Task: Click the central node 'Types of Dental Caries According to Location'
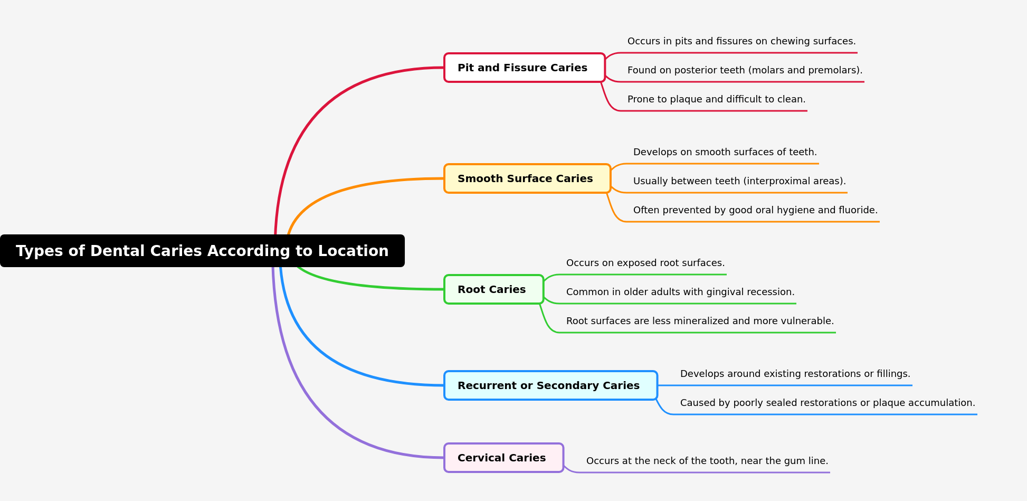pos(202,251)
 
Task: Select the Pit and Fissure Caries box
pos(524,68)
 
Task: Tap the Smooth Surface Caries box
pos(527,178)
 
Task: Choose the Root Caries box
pos(493,289)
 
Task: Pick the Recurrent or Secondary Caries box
pos(550,385)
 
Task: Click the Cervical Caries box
pos(503,458)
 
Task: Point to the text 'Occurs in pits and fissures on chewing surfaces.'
pos(741,41)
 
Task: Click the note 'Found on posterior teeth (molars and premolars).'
pos(745,70)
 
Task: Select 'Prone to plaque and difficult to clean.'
pos(716,99)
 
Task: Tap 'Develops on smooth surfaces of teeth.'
pos(725,152)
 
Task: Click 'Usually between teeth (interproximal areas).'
pos(739,181)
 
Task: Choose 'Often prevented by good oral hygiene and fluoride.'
pos(755,210)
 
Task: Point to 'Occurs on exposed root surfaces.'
pos(645,263)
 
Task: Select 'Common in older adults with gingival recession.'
pos(680,292)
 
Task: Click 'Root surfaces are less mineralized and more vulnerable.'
pos(700,321)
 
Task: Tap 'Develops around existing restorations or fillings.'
pos(795,374)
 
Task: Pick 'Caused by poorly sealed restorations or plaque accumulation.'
pos(828,403)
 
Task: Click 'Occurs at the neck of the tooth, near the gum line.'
pos(707,461)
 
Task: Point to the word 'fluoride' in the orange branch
pos(860,210)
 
